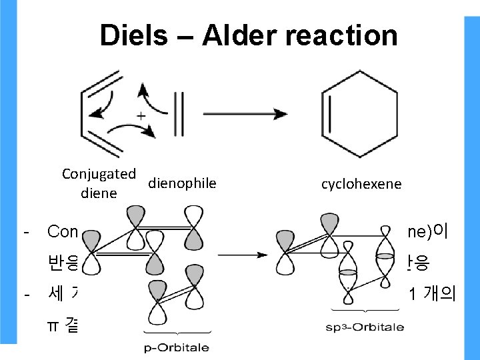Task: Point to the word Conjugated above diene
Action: [99, 173]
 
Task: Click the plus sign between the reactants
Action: [141, 116]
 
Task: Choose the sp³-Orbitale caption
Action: [365, 327]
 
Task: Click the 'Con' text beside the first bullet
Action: [63, 233]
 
